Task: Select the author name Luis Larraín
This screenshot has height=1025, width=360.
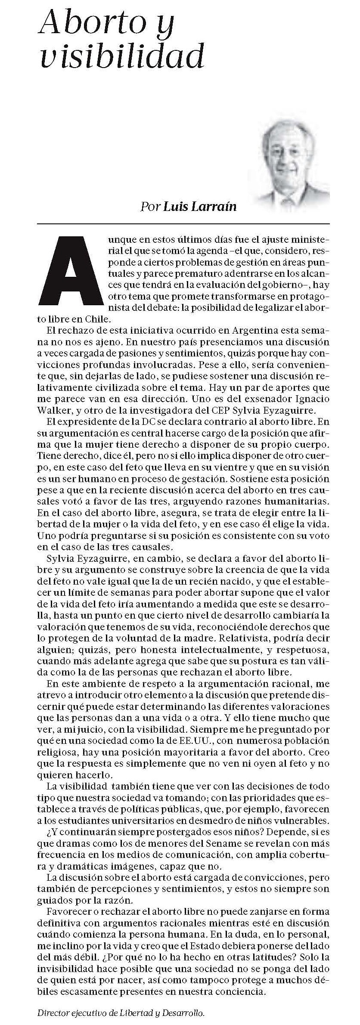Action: (x=200, y=207)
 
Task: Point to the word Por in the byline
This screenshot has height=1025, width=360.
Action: (x=150, y=207)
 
